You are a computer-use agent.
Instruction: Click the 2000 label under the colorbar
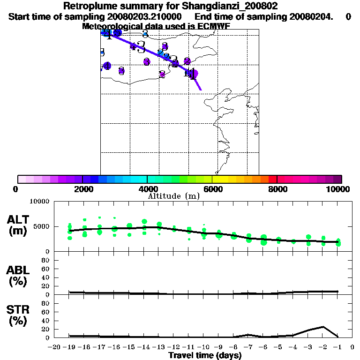point(82,189)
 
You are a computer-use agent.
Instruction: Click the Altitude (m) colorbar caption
point(173,196)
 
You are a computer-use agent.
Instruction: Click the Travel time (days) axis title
point(205,355)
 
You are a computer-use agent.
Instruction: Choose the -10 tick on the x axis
point(203,347)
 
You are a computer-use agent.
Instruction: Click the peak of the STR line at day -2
point(323,327)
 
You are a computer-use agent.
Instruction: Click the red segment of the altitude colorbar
point(273,179)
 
